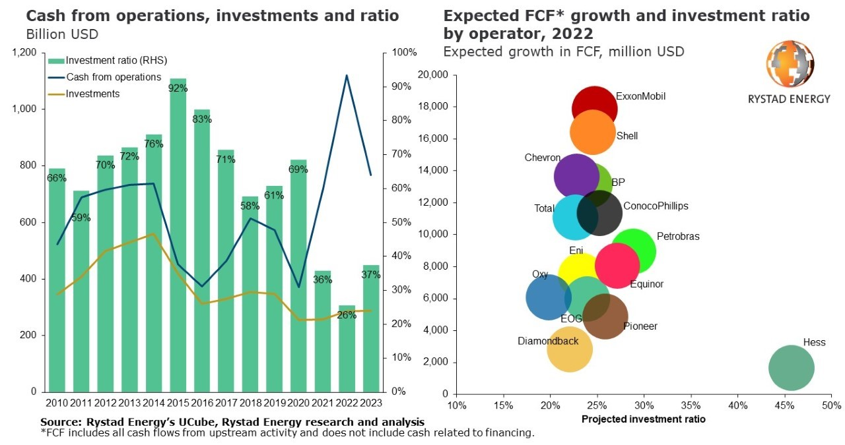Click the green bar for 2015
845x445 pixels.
[178, 237]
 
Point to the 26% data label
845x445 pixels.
[347, 315]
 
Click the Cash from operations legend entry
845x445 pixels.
[114, 77]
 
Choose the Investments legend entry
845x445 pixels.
[92, 94]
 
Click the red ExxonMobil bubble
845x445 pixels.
[594, 107]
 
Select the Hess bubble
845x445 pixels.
[791, 368]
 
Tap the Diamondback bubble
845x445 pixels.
[569, 348]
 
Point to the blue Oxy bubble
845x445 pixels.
[548, 297]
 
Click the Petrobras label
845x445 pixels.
[677, 237]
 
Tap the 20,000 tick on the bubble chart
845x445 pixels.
[433, 75]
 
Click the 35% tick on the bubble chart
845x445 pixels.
[691, 404]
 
